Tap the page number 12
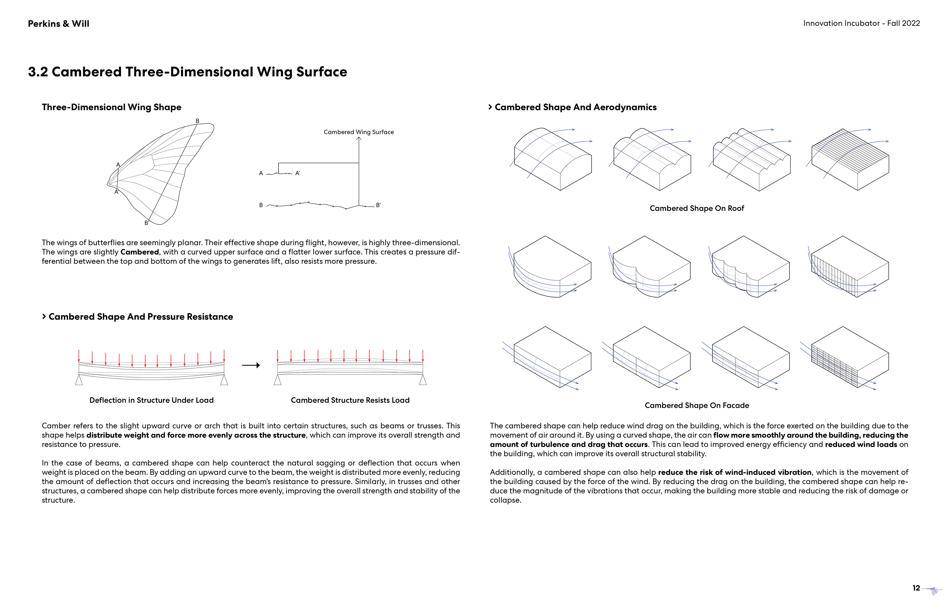click(916, 588)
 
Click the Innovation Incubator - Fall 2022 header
click(861, 23)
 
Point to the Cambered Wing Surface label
click(358, 132)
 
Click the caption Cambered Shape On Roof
click(697, 208)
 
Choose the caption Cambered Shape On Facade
click(697, 405)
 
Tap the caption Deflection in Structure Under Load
click(151, 400)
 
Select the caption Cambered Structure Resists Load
click(350, 400)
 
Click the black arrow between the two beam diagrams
click(251, 365)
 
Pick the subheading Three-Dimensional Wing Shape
click(112, 107)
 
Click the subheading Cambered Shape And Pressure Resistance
click(141, 316)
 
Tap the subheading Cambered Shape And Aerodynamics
click(575, 107)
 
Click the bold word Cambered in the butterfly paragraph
click(139, 252)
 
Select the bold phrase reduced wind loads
click(861, 444)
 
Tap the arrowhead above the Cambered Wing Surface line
click(359, 139)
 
